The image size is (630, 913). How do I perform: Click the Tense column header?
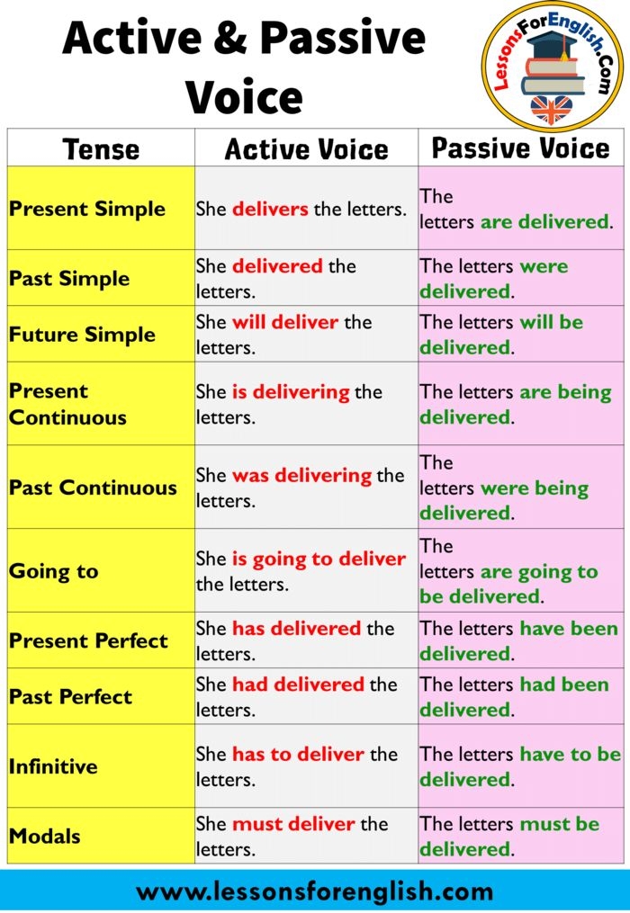101,148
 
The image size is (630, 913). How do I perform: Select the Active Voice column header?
306,148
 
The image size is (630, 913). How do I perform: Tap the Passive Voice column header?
521,148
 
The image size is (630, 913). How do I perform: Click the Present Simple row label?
87,209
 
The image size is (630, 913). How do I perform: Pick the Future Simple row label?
82,335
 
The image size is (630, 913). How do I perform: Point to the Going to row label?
53,571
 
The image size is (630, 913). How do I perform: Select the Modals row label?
45,836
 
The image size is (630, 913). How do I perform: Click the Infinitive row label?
53,766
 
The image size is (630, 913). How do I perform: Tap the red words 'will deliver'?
285,322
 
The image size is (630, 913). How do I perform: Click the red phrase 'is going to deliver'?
319,559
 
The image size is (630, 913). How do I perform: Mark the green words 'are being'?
566,392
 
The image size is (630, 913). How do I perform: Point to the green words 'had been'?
564,685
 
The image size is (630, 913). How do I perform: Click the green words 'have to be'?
571,754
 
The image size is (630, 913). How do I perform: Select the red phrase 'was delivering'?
301,474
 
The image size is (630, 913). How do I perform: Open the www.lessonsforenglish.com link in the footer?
315,891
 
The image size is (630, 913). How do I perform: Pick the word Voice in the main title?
244,96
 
